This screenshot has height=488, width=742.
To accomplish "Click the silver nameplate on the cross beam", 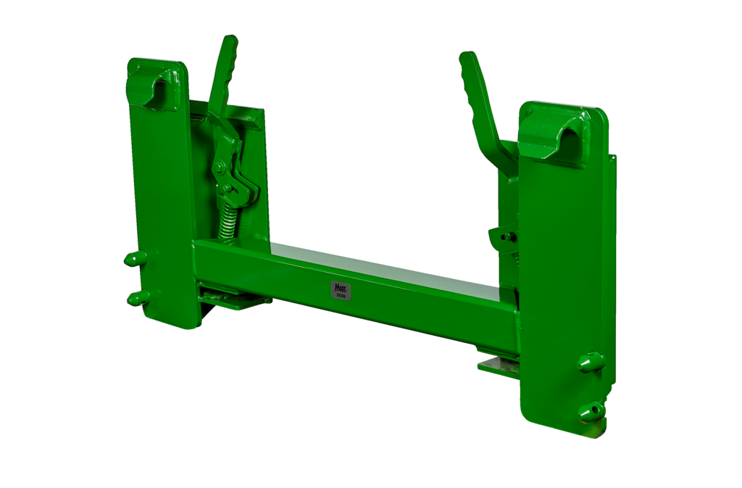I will click(340, 289).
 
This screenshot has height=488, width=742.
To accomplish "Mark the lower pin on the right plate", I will click(590, 410).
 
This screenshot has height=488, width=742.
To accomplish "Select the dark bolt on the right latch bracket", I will click(508, 236).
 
